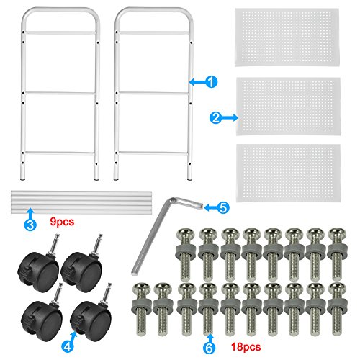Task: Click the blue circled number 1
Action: (212, 82)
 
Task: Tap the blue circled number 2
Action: (215, 118)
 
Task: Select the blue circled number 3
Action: (30, 225)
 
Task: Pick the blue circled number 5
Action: (223, 207)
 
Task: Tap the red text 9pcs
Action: (62, 222)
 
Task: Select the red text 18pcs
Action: (246, 347)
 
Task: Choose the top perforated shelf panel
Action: (287, 37)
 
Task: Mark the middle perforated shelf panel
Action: (289, 106)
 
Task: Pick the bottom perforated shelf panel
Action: (288, 173)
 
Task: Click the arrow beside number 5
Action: (210, 207)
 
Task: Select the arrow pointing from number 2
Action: (230, 118)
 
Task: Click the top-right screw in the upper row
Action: (336, 254)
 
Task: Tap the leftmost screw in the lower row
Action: (141, 309)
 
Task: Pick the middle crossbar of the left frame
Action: (60, 93)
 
